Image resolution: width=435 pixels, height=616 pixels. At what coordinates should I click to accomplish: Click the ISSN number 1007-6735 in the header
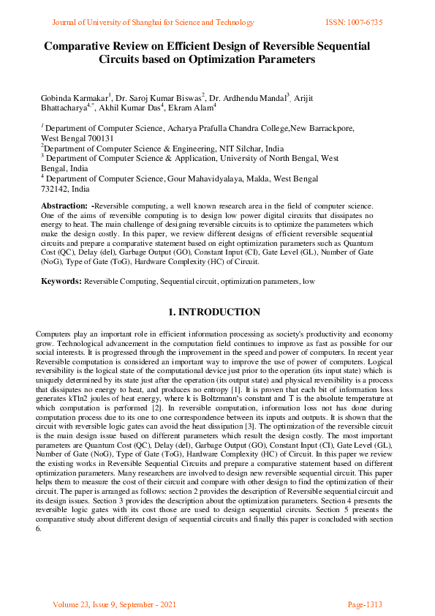click(x=365, y=22)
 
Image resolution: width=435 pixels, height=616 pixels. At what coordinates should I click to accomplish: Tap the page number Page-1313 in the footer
click(x=365, y=605)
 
